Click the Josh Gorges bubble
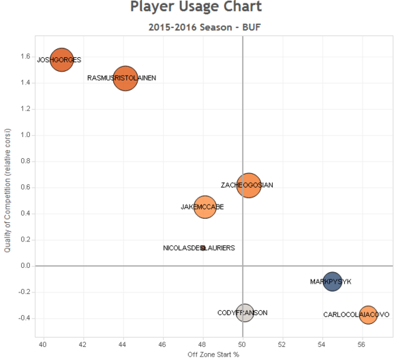(x=62, y=60)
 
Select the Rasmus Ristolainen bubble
(x=125, y=78)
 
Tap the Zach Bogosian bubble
(x=249, y=185)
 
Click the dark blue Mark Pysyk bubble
(x=332, y=282)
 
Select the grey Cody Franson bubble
(x=245, y=313)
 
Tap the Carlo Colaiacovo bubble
(x=368, y=314)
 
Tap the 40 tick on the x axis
(x=43, y=343)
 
